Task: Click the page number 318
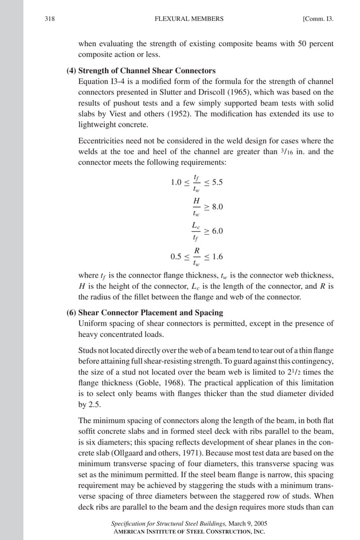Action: pyautogui.click(x=49, y=19)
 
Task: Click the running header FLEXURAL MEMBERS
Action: pyautogui.click(x=188, y=19)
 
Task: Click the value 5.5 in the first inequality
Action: pyautogui.click(x=217, y=183)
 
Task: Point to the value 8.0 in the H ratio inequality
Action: pyautogui.click(x=217, y=207)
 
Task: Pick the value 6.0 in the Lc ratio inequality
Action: pyautogui.click(x=217, y=231)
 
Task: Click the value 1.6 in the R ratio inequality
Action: pyautogui.click(x=216, y=257)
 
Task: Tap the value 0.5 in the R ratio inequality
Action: pyautogui.click(x=176, y=257)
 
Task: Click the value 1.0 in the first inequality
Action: pyautogui.click(x=176, y=183)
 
